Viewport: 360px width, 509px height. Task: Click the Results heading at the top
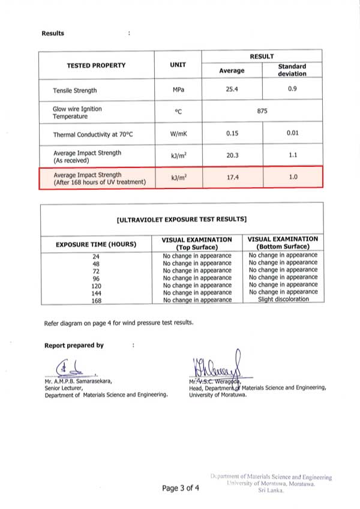pos(53,33)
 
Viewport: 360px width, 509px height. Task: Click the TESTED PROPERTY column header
pos(96,65)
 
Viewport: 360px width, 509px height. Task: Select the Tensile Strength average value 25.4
pos(232,90)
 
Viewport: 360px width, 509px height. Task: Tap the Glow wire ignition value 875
pos(262,112)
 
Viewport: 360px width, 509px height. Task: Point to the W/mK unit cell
pos(178,134)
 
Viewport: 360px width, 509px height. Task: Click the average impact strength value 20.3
pos(232,155)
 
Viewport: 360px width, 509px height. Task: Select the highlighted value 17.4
pos(232,178)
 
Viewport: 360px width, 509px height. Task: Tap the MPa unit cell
pos(178,91)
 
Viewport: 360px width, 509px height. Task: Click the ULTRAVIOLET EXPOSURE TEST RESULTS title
pos(181,220)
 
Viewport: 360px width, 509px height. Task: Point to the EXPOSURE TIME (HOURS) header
pos(96,244)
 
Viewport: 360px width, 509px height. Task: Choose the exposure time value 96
pos(96,278)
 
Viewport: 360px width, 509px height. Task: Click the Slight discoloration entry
pos(283,299)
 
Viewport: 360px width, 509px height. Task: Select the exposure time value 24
pos(96,256)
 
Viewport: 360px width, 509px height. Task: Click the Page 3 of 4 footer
pos(181,488)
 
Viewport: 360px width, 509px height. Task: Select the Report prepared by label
pos(74,345)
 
